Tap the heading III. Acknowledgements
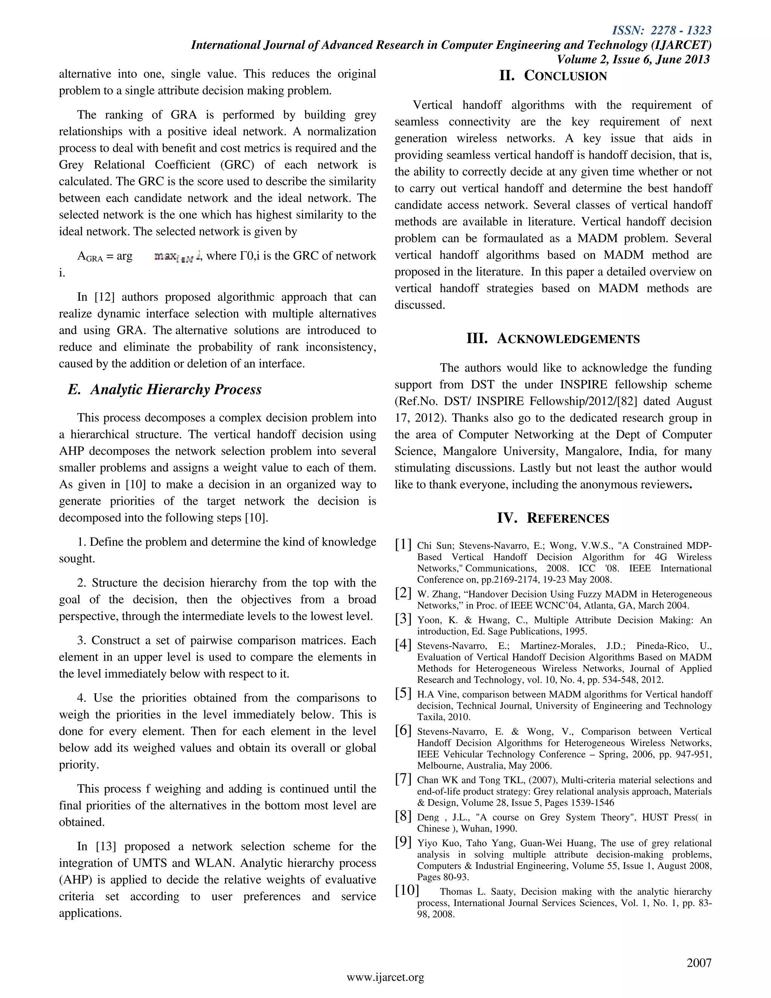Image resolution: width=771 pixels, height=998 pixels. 553,339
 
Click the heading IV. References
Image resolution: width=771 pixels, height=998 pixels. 553,518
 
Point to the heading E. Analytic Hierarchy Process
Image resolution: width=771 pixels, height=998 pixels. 165,389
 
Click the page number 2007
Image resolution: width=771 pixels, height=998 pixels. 699,963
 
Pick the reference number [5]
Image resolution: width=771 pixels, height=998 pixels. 403,693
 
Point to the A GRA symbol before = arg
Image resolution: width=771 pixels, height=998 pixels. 90,257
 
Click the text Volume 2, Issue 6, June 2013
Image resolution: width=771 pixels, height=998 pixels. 633,60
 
